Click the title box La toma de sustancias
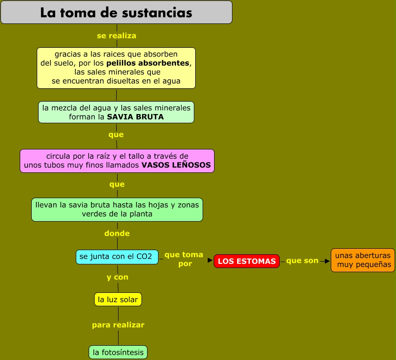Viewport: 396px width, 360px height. (116, 12)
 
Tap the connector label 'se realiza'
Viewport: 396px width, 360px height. (116, 36)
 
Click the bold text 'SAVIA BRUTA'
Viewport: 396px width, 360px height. (135, 117)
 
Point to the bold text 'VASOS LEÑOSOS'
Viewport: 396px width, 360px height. (176, 165)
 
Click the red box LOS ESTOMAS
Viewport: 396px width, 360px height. (247, 261)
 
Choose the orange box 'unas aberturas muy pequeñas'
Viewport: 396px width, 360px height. (363, 260)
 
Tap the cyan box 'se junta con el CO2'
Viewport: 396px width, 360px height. (117, 257)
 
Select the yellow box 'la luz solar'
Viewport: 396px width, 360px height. (118, 300)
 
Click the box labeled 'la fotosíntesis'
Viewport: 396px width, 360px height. (118, 353)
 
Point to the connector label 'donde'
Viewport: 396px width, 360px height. (117, 234)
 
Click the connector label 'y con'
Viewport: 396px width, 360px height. (117, 277)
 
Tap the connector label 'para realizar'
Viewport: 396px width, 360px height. (118, 325)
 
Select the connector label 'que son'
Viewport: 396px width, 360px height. (302, 261)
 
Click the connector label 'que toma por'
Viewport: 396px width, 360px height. (184, 259)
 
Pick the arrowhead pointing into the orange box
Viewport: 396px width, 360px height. (327, 261)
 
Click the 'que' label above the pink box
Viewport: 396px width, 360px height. (116, 135)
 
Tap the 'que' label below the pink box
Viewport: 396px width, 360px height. (117, 184)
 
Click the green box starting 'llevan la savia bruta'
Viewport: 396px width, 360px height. (117, 210)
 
